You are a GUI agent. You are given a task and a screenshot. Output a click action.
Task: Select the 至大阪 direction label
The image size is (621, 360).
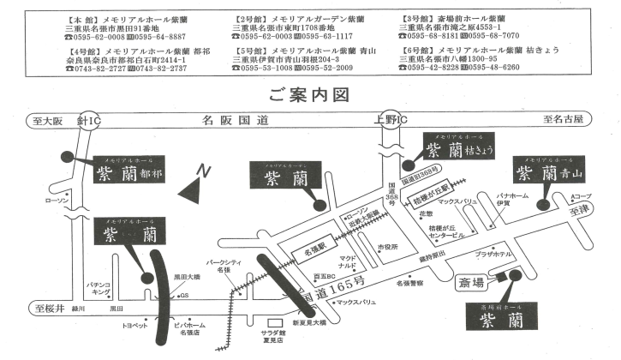[x=45, y=121]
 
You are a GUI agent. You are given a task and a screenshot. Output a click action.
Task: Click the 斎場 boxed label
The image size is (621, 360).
[x=472, y=280]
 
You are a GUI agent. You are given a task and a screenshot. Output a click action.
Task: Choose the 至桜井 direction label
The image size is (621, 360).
[x=45, y=306]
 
